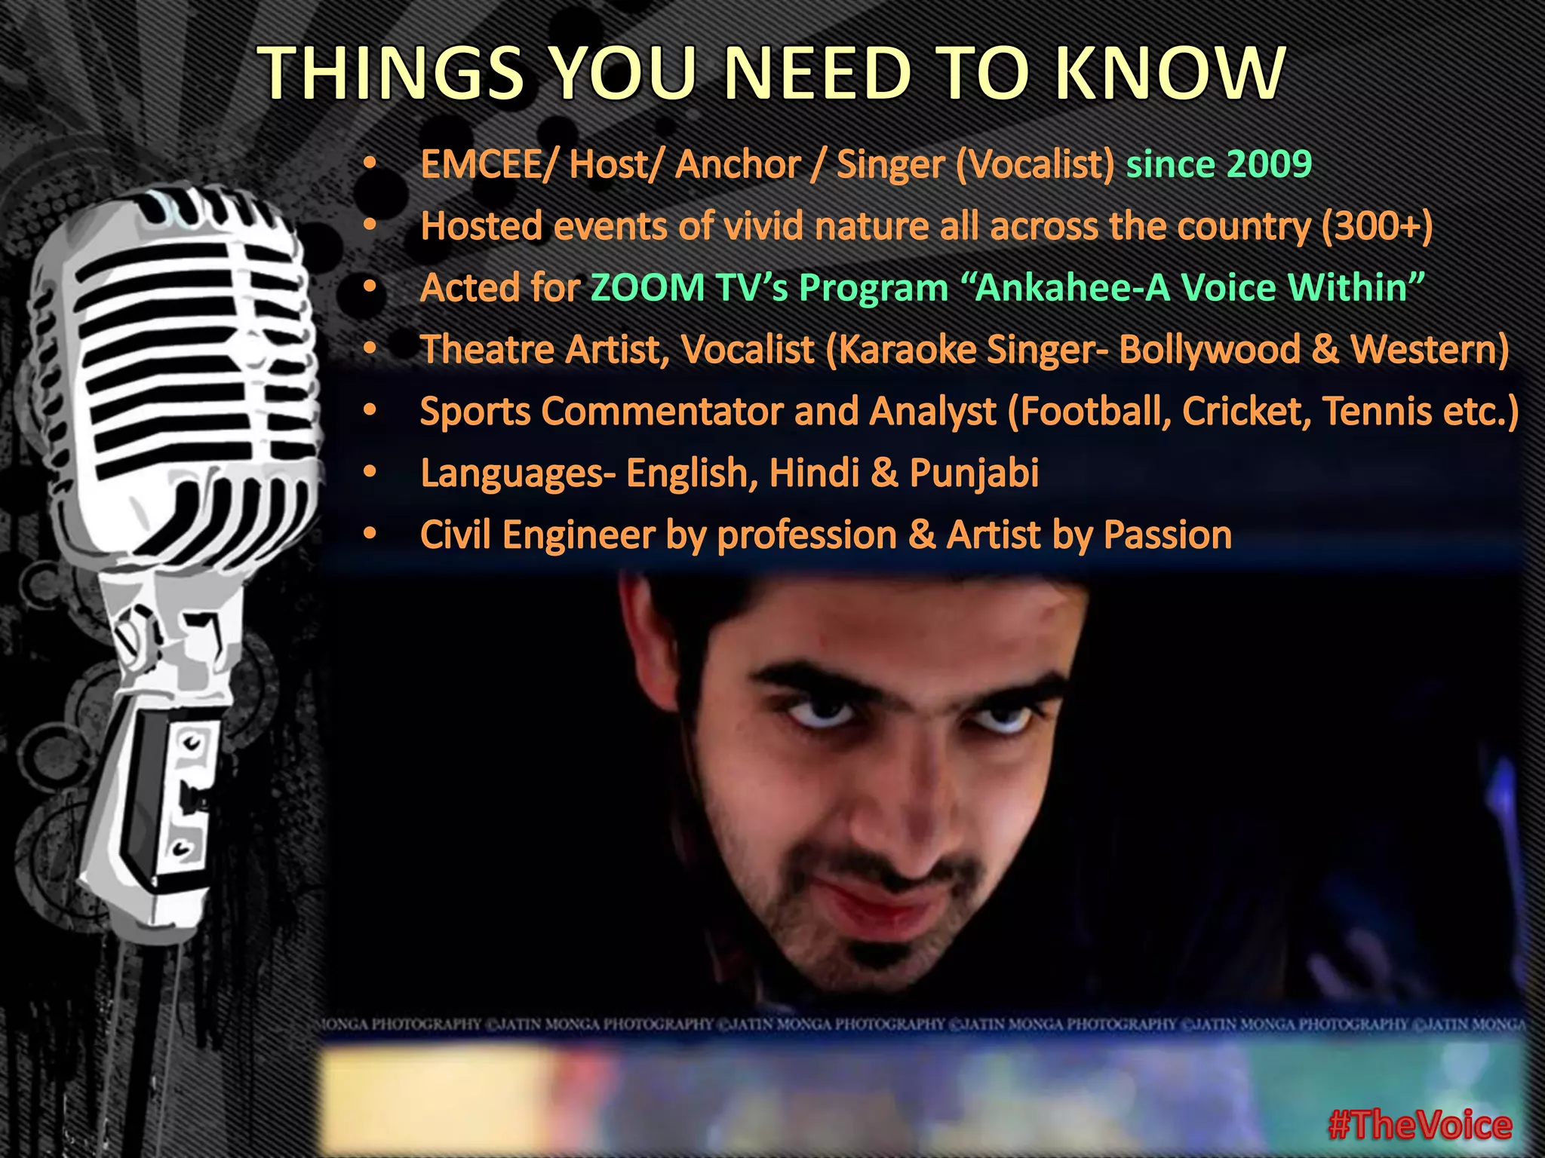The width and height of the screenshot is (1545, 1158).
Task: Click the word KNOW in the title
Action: [1169, 73]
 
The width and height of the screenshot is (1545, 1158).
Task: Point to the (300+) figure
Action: [1377, 226]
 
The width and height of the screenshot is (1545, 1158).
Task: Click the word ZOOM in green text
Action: [647, 288]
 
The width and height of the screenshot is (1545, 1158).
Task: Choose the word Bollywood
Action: [1209, 350]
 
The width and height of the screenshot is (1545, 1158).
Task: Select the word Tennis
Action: [1377, 412]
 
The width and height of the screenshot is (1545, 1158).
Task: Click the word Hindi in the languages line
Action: [814, 473]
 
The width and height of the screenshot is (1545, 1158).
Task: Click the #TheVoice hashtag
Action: [1420, 1126]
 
